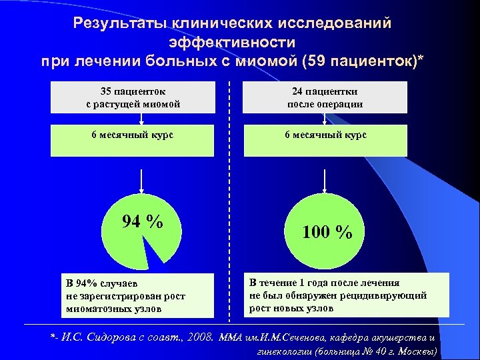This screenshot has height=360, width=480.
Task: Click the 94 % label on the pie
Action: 143,221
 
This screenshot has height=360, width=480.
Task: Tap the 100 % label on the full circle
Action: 327,232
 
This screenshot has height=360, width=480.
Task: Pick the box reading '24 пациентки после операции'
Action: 325,97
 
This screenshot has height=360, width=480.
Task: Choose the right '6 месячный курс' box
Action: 325,135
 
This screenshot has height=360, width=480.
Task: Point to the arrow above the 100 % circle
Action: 324,178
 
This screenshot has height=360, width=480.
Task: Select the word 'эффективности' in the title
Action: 232,43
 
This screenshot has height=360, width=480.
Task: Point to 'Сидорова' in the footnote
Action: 111,337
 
